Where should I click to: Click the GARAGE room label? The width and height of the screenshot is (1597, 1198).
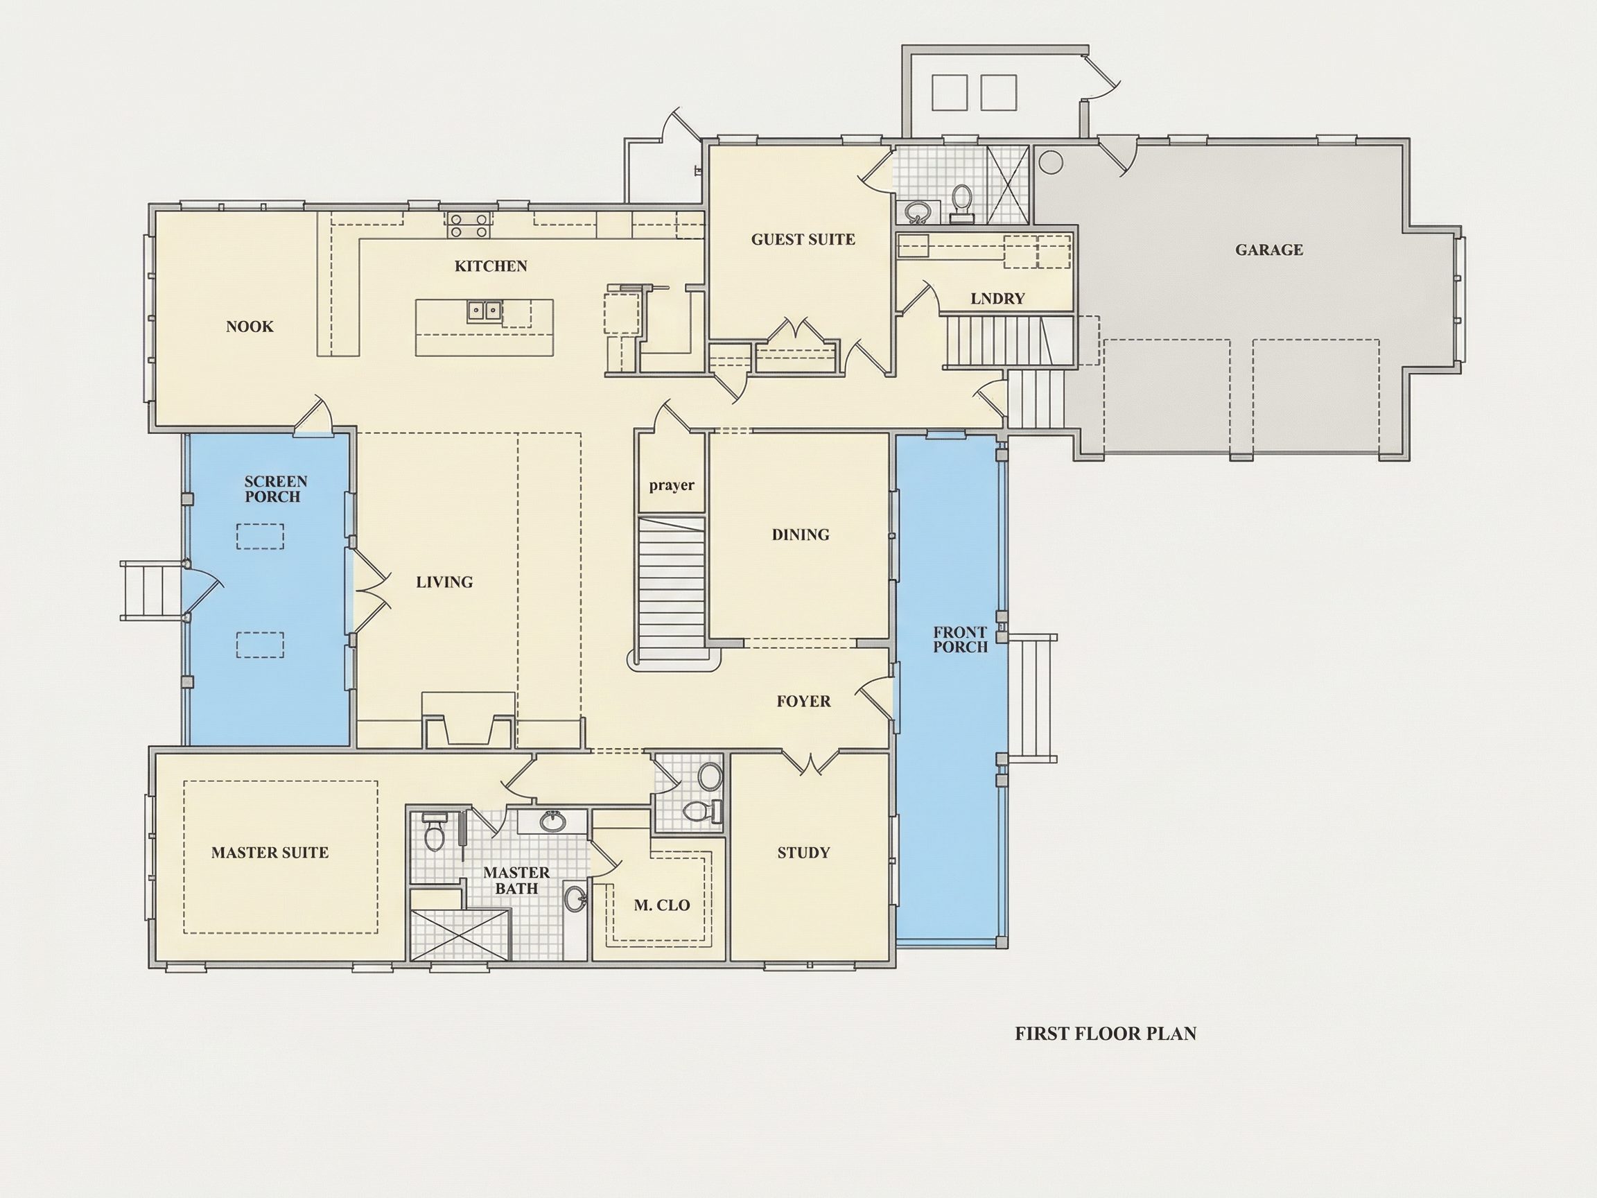pos(1268,250)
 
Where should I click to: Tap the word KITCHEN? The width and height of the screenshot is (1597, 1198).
pos(491,266)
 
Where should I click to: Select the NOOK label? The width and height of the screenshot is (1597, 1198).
pos(250,327)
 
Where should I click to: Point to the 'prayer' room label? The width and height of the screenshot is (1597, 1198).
pos(672,485)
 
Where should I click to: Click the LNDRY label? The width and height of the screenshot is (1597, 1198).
pos(997,298)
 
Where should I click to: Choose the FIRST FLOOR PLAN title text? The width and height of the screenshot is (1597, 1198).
pos(1106,1034)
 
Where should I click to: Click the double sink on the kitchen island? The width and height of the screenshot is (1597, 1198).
pos(485,311)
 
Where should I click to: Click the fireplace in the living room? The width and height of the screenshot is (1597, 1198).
pos(469,722)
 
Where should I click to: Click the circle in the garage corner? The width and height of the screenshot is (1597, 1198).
pos(1051,162)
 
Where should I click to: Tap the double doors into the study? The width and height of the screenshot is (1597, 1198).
pos(812,763)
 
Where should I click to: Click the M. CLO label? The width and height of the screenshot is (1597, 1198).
pos(662,905)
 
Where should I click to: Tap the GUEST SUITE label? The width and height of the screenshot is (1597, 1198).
pos(803,240)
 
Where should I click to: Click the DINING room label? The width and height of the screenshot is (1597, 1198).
pos(801,535)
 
